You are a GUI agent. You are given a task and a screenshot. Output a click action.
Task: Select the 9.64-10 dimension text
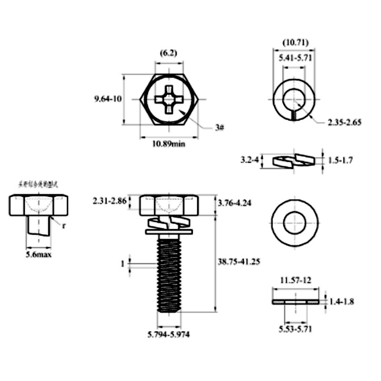[x=108, y=99]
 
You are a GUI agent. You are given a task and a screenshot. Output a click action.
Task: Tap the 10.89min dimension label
[x=169, y=143]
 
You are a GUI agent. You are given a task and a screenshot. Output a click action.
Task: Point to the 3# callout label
[x=219, y=128]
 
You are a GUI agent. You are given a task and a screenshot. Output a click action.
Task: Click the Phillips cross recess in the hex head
[x=169, y=99]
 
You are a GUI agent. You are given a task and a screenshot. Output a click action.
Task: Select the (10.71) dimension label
[x=293, y=42]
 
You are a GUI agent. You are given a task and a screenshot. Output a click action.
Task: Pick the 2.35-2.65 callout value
[x=344, y=122]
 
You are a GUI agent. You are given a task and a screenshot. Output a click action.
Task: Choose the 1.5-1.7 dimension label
[x=341, y=160]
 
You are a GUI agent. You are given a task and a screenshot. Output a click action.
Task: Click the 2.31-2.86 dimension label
[x=110, y=201]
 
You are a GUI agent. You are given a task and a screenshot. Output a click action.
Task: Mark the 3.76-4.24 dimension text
[x=235, y=203]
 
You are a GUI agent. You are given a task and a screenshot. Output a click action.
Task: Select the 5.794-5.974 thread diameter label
[x=169, y=334]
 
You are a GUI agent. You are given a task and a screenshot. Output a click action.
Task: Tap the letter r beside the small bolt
[x=63, y=225]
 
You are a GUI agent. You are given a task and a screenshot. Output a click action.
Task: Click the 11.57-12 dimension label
[x=295, y=281]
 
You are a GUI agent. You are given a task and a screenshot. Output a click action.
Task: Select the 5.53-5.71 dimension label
[x=295, y=328]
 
